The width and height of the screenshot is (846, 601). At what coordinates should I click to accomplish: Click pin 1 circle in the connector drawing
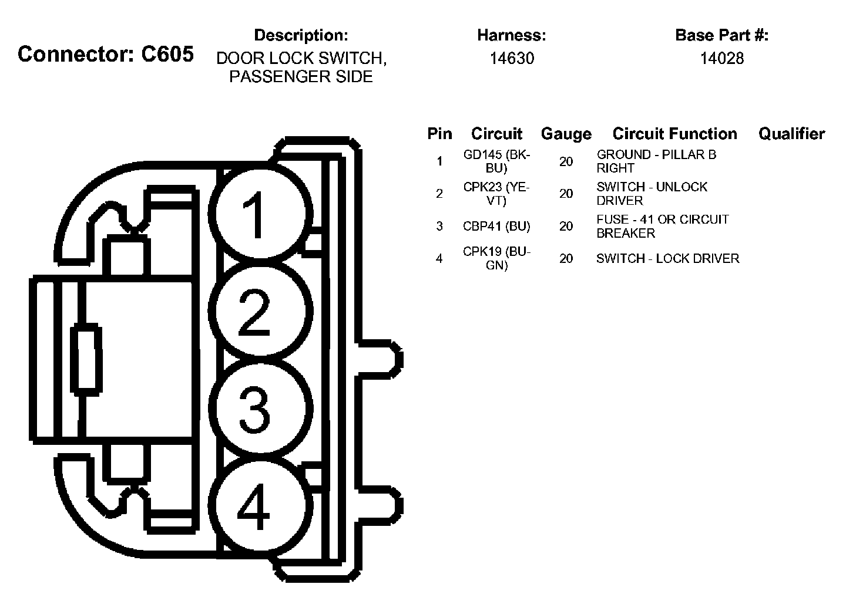click(257, 212)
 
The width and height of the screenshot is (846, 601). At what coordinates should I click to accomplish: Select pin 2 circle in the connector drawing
click(257, 310)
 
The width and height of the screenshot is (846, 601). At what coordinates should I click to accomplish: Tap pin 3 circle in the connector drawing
click(257, 407)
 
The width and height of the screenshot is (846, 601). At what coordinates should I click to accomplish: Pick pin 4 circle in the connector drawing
click(257, 506)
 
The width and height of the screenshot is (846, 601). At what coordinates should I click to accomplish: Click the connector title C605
click(106, 54)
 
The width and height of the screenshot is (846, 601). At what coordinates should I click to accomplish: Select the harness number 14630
click(512, 58)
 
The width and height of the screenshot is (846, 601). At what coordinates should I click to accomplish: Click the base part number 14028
click(721, 58)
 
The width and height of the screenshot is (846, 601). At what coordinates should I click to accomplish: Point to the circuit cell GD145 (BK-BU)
click(496, 161)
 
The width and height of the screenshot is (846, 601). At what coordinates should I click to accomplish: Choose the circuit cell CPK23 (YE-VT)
click(496, 194)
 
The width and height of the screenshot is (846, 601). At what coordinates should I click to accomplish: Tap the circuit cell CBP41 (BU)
click(496, 226)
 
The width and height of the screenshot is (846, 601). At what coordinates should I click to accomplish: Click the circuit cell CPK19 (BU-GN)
click(496, 258)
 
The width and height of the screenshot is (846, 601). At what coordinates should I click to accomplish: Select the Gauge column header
click(566, 134)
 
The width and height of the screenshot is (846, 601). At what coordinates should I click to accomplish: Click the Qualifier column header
click(791, 134)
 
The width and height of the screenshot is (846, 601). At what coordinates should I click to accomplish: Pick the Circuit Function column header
click(674, 134)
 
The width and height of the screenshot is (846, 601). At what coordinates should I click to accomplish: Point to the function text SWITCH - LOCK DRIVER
click(667, 258)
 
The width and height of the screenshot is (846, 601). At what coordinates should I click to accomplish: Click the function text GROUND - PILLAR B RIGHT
click(656, 161)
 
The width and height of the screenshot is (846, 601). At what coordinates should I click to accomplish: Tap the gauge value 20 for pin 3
click(566, 226)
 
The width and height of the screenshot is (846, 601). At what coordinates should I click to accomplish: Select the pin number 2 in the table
click(439, 194)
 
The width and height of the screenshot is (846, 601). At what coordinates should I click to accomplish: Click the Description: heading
click(301, 35)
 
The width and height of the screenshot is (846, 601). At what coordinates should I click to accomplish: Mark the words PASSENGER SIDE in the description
click(301, 77)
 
